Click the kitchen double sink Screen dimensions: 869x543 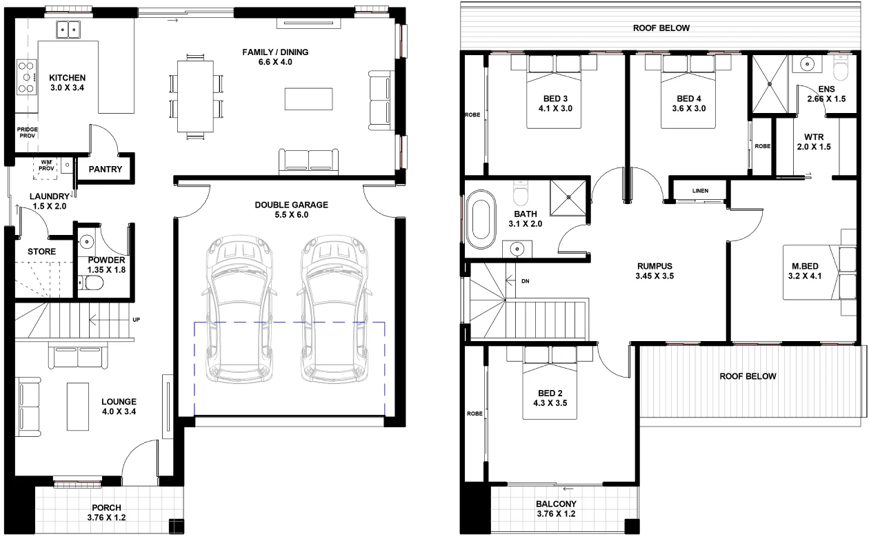68,30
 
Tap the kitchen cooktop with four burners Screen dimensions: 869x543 27,77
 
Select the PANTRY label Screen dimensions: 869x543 105,170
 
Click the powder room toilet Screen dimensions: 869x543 91,283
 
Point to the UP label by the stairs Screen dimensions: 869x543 136,320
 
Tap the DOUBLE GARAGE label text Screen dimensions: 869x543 291,205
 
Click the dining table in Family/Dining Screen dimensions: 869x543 195,96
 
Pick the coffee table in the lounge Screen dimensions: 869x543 77,407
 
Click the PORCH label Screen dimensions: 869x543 106,508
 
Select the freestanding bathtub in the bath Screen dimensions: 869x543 481,219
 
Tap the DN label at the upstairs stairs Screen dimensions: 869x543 526,281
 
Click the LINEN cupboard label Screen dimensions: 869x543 700,191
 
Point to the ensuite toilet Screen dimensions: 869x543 841,68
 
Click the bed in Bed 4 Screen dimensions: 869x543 688,92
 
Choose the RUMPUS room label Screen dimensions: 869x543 655,266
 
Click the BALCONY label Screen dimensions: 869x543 556,504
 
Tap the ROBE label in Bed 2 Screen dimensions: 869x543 475,414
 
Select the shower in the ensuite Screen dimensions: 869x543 770,83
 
